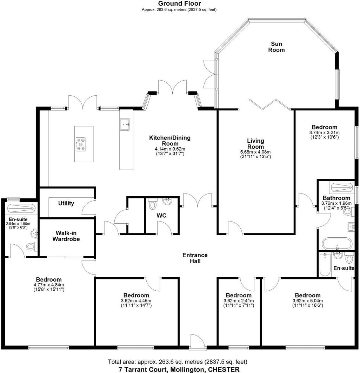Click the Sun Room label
click(276, 47)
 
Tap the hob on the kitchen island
click(81, 144)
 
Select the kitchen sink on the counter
click(125, 124)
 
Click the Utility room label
click(66, 203)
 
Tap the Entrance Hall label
click(195, 258)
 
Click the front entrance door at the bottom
click(195, 342)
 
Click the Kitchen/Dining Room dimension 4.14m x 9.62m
click(170, 149)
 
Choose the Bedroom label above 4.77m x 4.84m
click(49, 279)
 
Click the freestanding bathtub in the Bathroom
click(336, 243)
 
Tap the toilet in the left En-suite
click(31, 247)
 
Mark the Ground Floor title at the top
click(179, 4)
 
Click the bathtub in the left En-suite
click(21, 209)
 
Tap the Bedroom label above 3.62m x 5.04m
click(307, 295)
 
